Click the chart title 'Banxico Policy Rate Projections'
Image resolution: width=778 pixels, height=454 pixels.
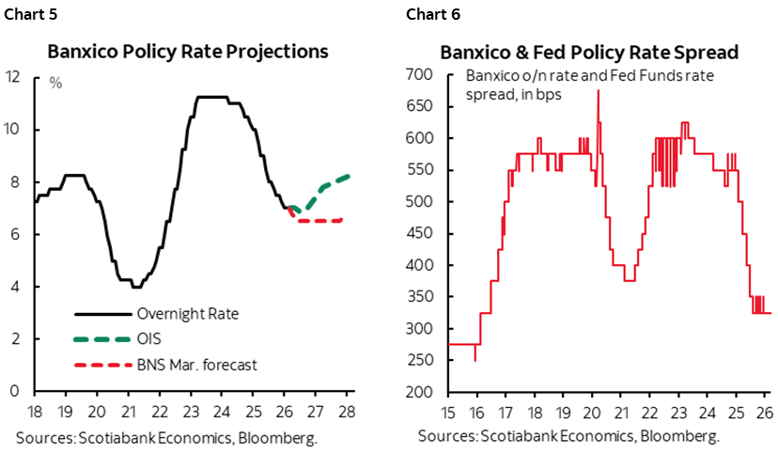tap(188, 51)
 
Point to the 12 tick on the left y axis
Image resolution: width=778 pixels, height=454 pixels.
tap(13, 77)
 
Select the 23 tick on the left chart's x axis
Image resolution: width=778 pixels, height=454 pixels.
tap(191, 410)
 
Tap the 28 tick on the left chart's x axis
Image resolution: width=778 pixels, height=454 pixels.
tap(348, 410)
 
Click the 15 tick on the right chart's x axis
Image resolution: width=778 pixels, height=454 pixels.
tap(448, 410)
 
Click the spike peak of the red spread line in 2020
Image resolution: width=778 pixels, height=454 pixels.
tap(599, 90)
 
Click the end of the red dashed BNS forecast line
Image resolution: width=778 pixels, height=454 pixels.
tap(341, 220)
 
